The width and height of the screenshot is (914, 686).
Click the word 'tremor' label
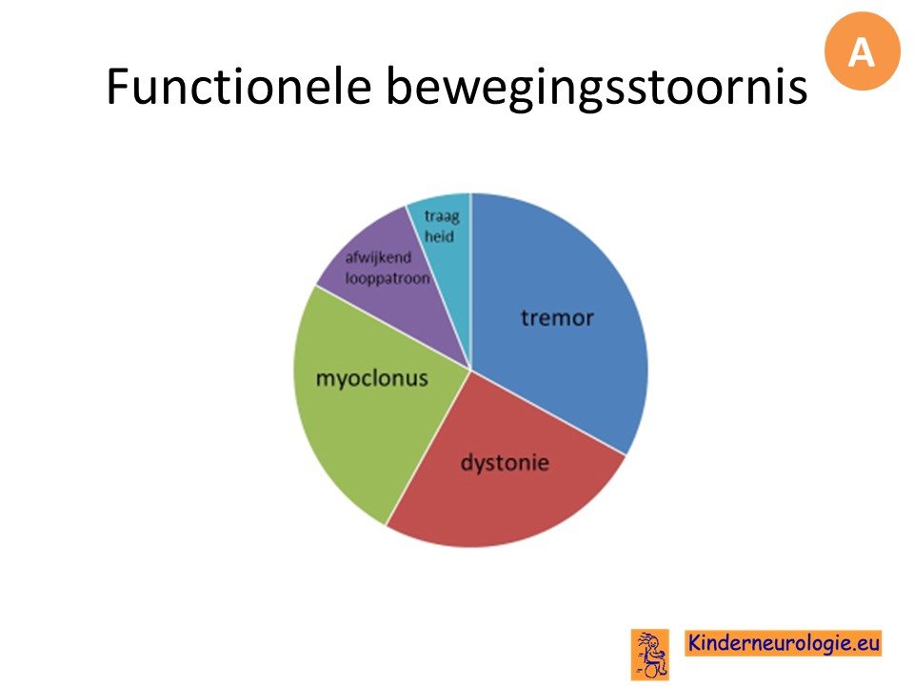[557, 318]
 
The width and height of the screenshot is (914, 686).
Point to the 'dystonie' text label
[505, 463]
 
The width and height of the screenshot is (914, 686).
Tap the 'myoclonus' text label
[372, 378]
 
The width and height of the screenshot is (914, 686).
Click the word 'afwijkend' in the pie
[378, 257]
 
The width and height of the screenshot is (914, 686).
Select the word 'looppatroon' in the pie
[387, 278]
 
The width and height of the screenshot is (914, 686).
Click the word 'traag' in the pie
[442, 216]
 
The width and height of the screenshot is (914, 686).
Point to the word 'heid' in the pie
[439, 236]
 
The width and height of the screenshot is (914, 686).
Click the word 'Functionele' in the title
[239, 86]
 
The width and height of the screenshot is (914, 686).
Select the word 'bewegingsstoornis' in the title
[596, 89]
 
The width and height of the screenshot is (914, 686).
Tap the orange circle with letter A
[863, 51]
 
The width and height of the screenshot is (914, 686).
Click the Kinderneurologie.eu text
[784, 643]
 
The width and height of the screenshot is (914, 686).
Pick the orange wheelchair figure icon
[649, 654]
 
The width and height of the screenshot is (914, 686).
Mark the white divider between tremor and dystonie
[548, 413]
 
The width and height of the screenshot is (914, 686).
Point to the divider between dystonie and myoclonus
[428, 448]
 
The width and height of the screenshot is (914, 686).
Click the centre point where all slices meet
[471, 370]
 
